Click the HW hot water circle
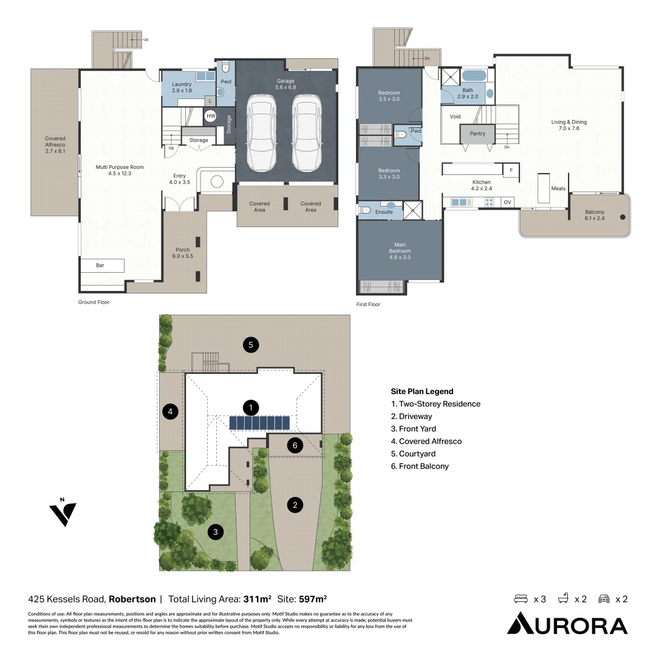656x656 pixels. [x=211, y=116]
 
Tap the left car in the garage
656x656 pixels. [x=261, y=132]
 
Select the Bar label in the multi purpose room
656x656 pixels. [x=100, y=265]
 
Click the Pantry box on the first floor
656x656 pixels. [x=477, y=134]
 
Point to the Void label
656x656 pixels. [x=455, y=117]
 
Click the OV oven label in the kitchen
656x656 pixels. [x=507, y=202]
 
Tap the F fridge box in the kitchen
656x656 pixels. [x=511, y=170]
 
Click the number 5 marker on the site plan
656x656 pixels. [x=251, y=345]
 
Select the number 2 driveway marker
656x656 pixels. [x=295, y=505]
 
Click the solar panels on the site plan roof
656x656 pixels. [x=259, y=423]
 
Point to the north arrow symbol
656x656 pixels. [x=63, y=513]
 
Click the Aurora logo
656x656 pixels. [x=567, y=623]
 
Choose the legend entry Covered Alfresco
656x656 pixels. [x=426, y=442]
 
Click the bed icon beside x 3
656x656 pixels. [x=521, y=599]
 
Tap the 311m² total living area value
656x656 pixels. [x=258, y=599]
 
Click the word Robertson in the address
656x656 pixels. [x=132, y=599]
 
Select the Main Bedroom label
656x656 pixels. [x=400, y=251]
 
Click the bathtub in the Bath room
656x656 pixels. [x=474, y=76]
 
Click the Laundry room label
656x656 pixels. [x=182, y=87]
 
